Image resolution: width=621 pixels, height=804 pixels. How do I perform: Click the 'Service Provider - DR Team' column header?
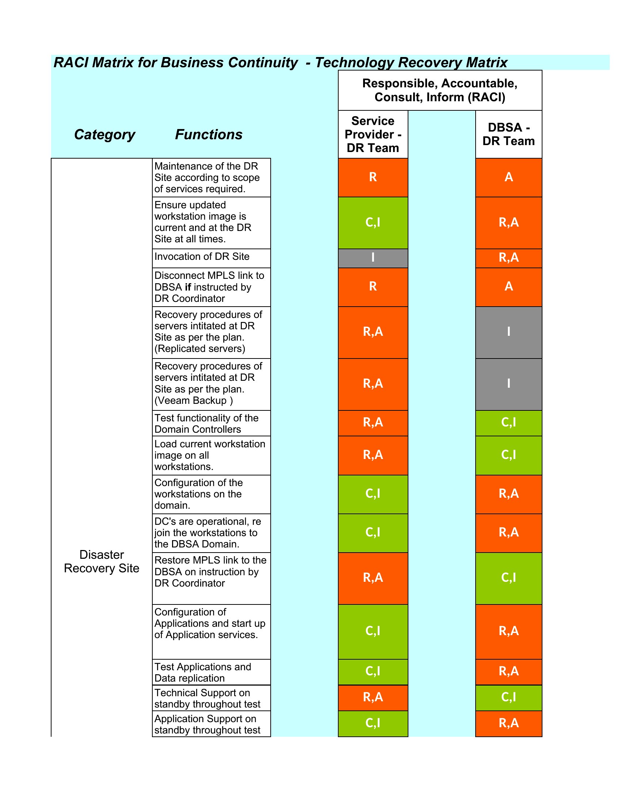[373, 134]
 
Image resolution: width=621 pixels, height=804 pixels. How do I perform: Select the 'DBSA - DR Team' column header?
[508, 134]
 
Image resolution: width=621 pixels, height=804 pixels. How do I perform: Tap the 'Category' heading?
[104, 135]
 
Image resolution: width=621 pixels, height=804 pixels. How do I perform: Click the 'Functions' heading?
[209, 134]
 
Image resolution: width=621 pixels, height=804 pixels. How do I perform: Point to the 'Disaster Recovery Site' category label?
[102, 561]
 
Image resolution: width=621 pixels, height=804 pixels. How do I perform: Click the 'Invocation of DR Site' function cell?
[212, 258]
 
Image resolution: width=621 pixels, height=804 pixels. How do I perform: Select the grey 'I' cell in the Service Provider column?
[373, 258]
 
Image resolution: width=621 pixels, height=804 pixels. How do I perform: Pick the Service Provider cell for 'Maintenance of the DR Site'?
[373, 178]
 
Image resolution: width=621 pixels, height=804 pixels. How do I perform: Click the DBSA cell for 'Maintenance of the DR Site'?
[509, 178]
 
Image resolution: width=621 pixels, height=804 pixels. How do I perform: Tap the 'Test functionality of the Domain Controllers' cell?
[212, 423]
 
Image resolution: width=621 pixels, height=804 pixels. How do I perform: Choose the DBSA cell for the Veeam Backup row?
[509, 384]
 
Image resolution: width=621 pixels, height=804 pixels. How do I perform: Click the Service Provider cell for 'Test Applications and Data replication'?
[373, 672]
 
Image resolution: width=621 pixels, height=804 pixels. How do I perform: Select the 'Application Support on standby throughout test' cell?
[212, 724]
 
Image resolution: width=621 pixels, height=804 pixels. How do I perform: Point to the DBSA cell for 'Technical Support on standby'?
[509, 698]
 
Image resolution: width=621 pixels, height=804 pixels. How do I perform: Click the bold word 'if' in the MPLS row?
[188, 287]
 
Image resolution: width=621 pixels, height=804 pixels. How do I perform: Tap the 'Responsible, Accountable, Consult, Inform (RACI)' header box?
[440, 90]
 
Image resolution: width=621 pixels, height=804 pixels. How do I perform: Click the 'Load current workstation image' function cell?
[212, 455]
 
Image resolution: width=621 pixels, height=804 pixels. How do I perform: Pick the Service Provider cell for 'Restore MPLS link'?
[373, 579]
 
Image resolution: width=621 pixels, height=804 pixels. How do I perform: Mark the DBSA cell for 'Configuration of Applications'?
[509, 632]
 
